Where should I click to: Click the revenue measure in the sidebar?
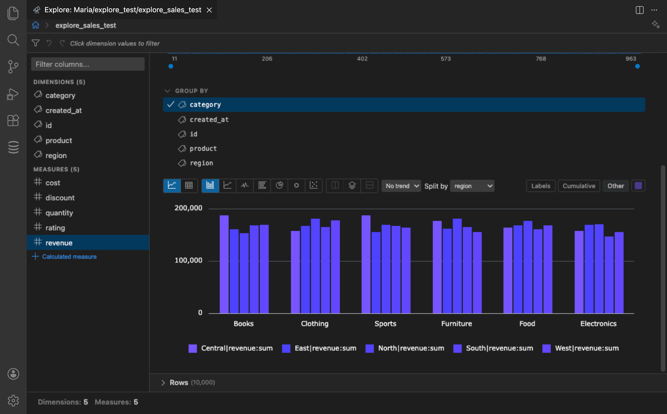tap(59, 243)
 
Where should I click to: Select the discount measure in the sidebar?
tap(60, 198)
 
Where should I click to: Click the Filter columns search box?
tap(88, 64)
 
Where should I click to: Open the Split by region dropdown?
tap(472, 186)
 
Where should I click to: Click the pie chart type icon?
tap(279, 185)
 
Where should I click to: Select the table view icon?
tap(189, 185)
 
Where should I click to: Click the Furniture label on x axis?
tap(456, 324)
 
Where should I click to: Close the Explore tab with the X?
tap(209, 10)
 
